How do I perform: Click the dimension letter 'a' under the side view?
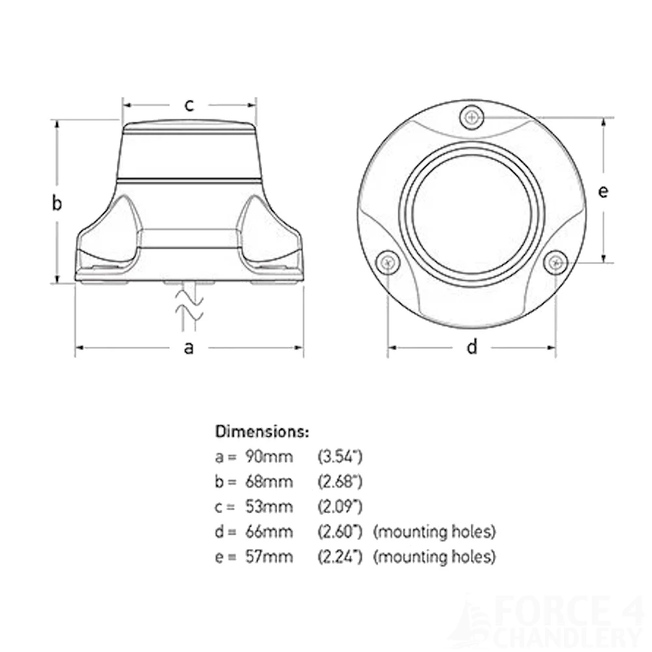tap(188, 348)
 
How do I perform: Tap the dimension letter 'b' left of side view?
tap(57, 203)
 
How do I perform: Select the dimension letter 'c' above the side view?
tap(189, 105)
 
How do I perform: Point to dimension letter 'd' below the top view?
tap(472, 348)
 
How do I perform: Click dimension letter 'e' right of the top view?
tap(603, 191)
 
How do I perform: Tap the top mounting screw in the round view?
tap(471, 118)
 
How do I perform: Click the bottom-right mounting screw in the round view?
tap(555, 262)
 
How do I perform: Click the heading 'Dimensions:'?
tap(262, 432)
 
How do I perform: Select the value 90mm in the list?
tap(269, 456)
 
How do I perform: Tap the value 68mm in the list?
tap(269, 482)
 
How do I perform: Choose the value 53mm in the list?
tap(269, 507)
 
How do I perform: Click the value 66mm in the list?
tap(269, 532)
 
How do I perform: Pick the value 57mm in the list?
tap(269, 557)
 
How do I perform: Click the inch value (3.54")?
tap(340, 456)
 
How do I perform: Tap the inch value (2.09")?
tap(340, 507)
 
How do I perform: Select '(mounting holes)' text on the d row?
tap(434, 532)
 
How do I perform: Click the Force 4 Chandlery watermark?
tap(561, 623)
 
